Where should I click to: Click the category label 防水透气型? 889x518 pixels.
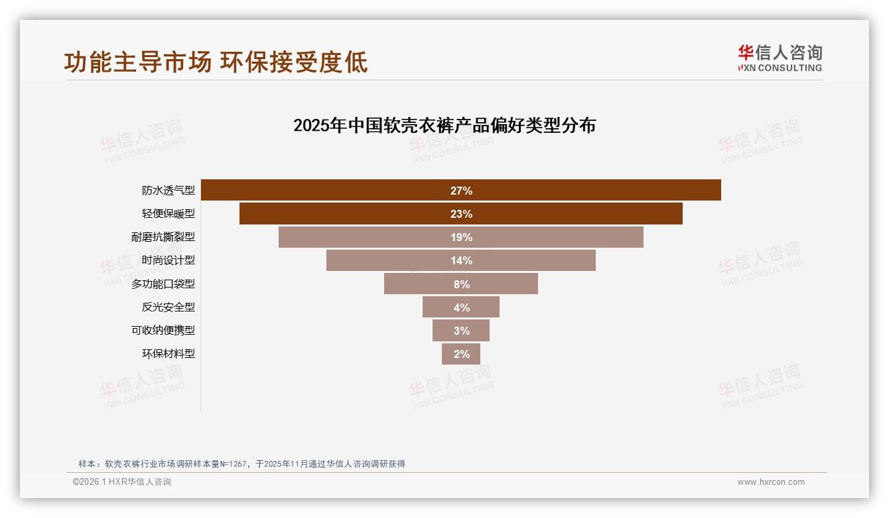pyautogui.click(x=169, y=191)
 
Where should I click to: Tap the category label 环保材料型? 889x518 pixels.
pyautogui.click(x=169, y=354)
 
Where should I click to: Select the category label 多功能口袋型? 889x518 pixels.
pyautogui.click(x=163, y=284)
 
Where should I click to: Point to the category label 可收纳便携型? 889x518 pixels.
pyautogui.click(x=163, y=330)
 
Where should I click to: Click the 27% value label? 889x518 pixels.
pyautogui.click(x=461, y=191)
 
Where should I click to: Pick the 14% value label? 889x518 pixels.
pyautogui.click(x=461, y=260)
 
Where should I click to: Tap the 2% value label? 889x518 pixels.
pyautogui.click(x=462, y=354)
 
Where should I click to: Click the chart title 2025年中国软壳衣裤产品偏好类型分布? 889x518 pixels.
pyautogui.click(x=444, y=125)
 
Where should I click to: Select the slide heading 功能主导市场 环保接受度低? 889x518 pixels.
pyautogui.click(x=216, y=62)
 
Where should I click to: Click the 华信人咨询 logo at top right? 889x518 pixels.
pyautogui.click(x=780, y=58)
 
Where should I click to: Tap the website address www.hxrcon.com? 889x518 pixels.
pyautogui.click(x=771, y=482)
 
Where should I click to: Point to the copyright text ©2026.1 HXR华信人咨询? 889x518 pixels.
pyautogui.click(x=122, y=482)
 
